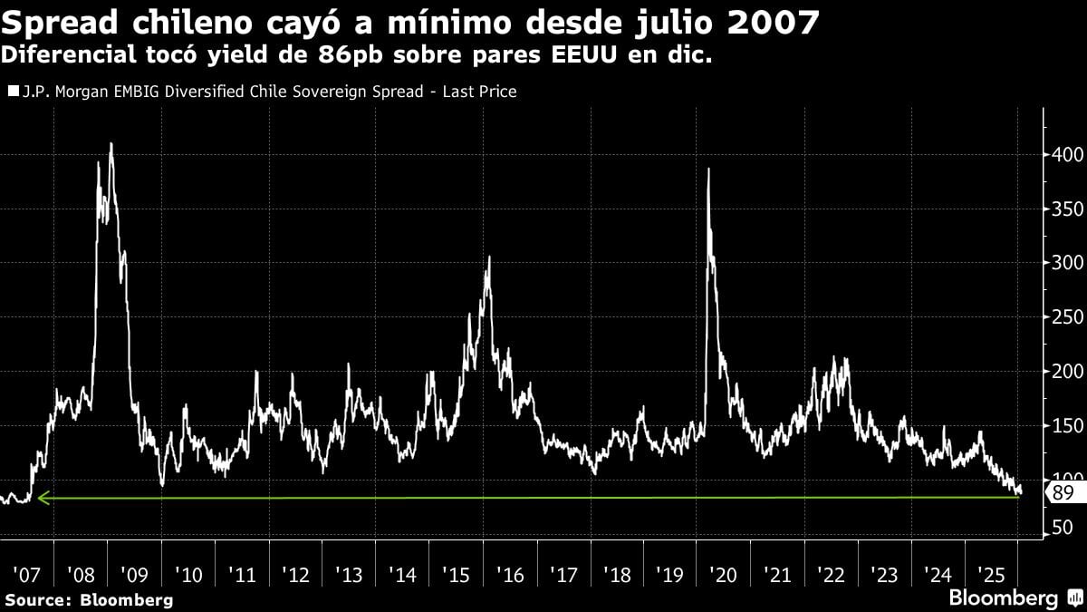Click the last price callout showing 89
1063,493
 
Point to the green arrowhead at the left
42,498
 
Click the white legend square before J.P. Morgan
12,92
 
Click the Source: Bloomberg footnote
89,599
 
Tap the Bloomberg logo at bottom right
1013,598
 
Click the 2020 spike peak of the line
707,170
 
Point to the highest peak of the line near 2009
111,143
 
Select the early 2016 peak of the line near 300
489,257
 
